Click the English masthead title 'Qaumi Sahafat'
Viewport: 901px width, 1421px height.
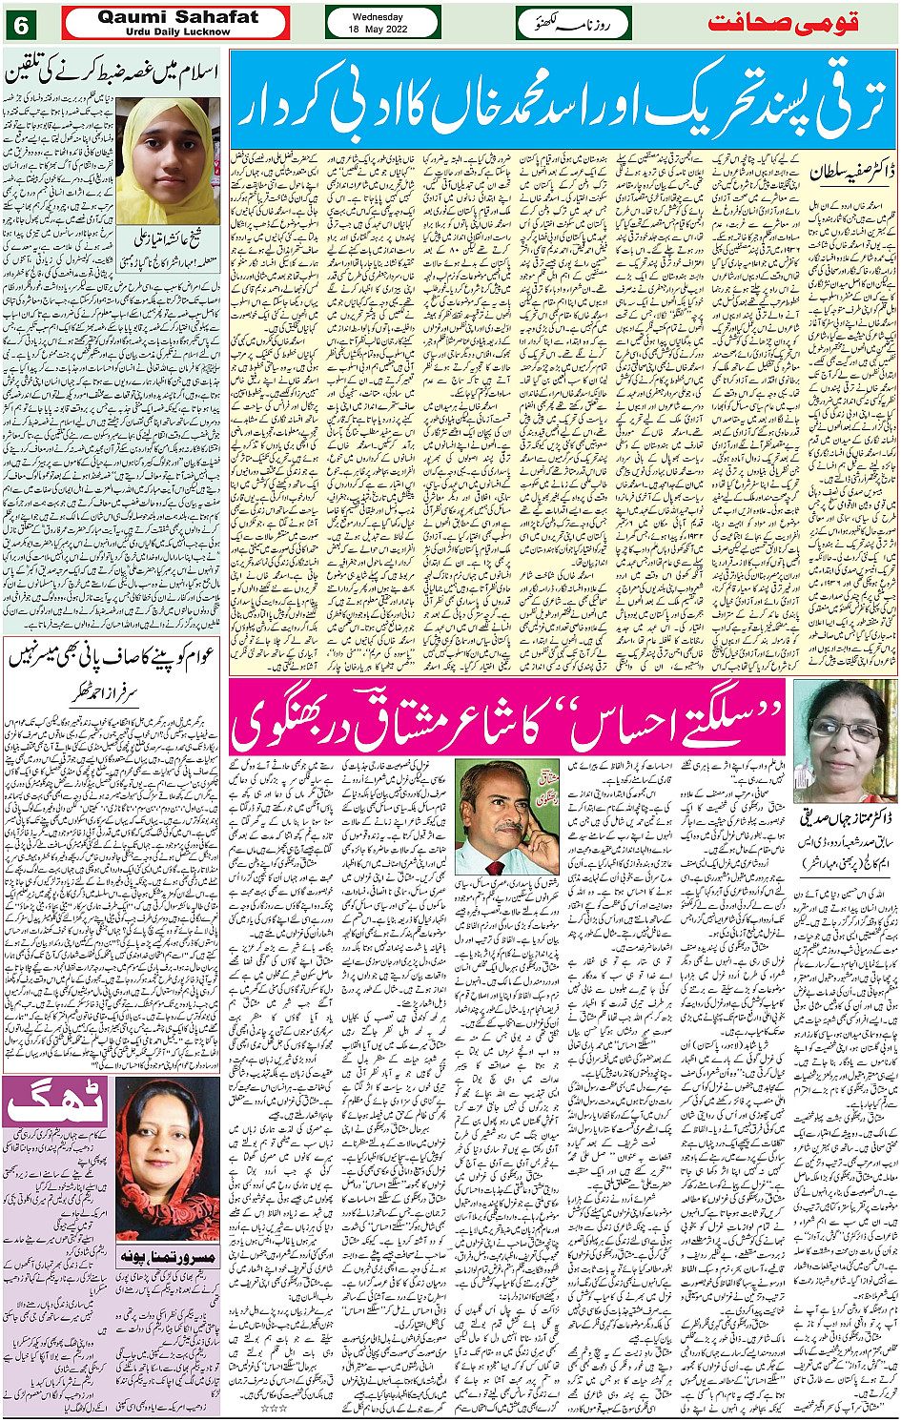tap(177, 17)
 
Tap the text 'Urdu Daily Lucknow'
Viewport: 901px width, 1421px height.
tap(177, 31)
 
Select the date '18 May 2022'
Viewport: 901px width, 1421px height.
tap(378, 29)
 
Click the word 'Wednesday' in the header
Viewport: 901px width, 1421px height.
tap(378, 17)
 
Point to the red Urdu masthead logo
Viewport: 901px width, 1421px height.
tap(800, 23)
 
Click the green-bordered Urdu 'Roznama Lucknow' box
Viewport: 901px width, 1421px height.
tap(573, 23)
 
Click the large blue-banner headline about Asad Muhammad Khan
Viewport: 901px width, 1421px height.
tap(563, 98)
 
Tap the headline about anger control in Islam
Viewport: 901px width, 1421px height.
tap(113, 71)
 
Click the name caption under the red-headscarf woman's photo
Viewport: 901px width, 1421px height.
tap(168, 1258)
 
